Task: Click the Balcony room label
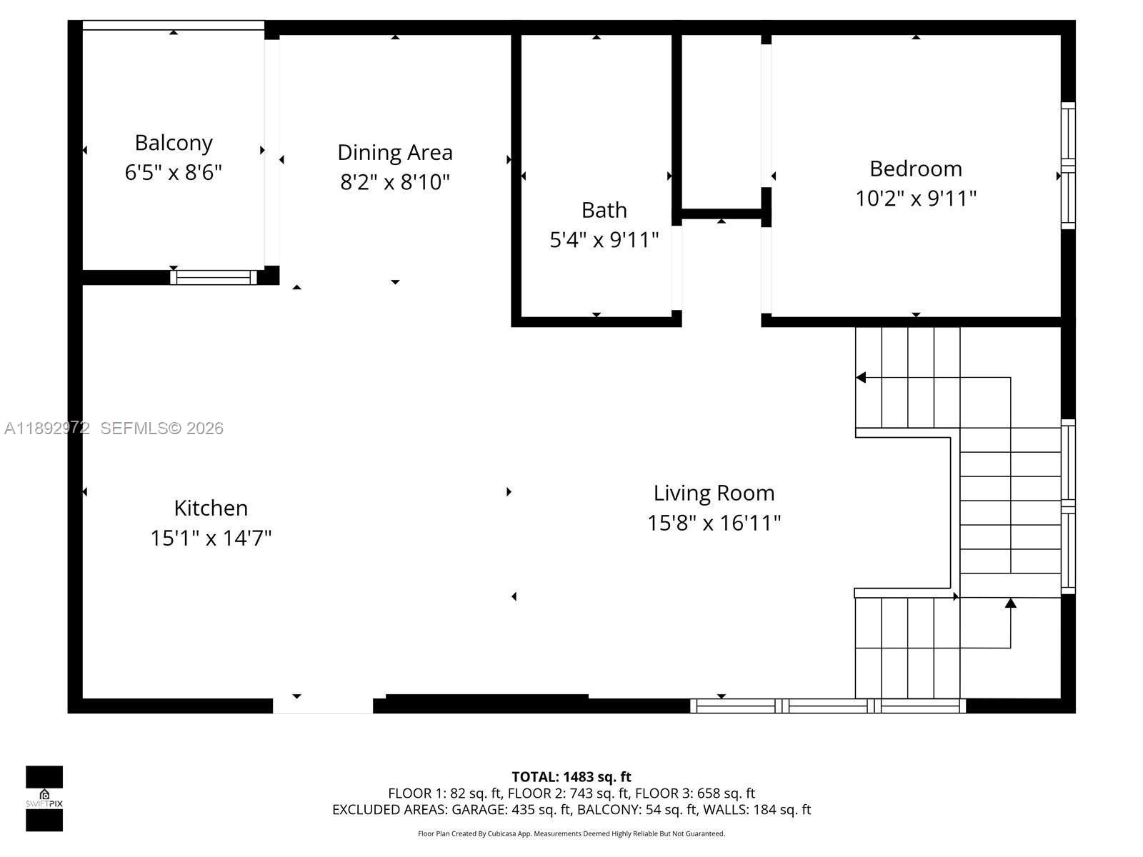pos(174,143)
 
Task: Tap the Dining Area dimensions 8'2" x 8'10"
pos(394,182)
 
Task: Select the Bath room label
pos(604,210)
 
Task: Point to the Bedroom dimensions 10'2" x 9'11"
pos(915,198)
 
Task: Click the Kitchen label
pos(211,508)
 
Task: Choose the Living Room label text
pos(714,493)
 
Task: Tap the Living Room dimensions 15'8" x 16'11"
pos(714,523)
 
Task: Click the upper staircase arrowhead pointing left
pos(861,377)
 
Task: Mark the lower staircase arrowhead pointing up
pos(1010,603)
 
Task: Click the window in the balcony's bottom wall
pos(213,277)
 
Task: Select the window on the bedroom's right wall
pos(1067,166)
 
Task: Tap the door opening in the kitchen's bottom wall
pos(323,706)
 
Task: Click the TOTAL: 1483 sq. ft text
pos(571,776)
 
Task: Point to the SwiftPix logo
pos(44,798)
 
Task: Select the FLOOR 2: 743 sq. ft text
pos(568,793)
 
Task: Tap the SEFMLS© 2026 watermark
pos(161,428)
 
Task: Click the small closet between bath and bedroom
pos(721,121)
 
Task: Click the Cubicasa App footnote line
pos(571,833)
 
